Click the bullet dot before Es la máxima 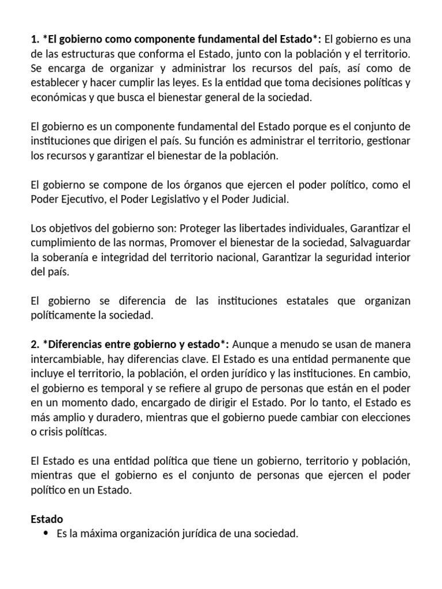coord(45,534)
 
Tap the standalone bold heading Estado coord(47,519)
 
